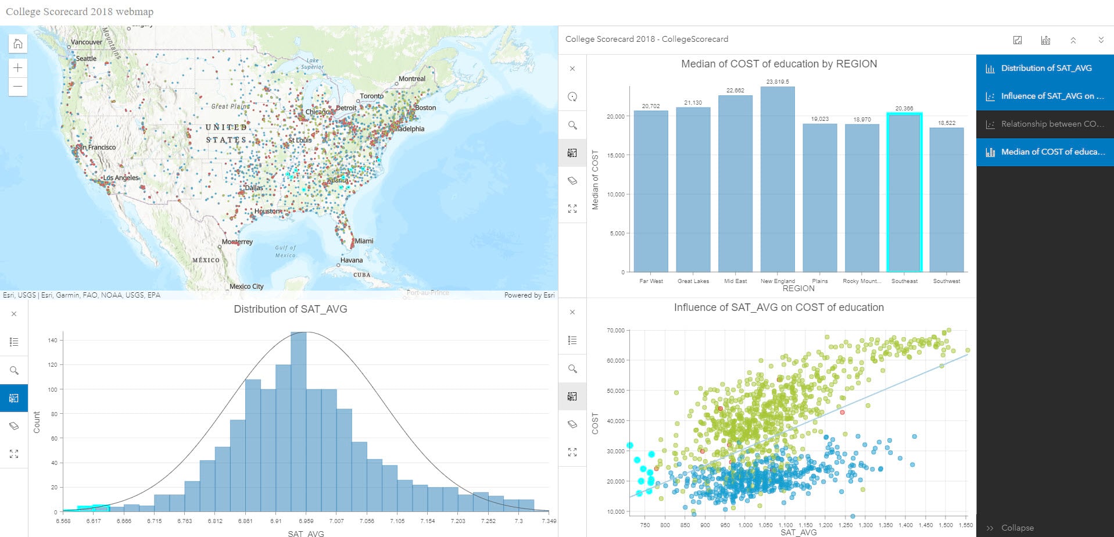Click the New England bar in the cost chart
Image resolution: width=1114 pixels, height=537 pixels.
(x=778, y=180)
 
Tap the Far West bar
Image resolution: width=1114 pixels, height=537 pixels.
(x=651, y=192)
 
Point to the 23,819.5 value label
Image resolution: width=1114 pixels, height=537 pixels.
(x=778, y=82)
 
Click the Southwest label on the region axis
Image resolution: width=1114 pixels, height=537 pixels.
(x=947, y=281)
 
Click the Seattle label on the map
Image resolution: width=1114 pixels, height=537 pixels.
(x=87, y=59)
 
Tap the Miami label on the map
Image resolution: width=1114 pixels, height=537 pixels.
(x=364, y=241)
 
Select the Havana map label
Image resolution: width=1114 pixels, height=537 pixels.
(x=352, y=260)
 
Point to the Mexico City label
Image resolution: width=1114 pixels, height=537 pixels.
(x=246, y=287)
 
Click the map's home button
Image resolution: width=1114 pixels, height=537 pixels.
(x=18, y=44)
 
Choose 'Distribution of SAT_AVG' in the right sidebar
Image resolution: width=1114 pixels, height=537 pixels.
(x=1045, y=68)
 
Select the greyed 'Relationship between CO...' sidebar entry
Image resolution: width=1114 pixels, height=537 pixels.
(x=1045, y=124)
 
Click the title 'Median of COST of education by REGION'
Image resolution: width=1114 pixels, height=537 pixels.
(x=779, y=64)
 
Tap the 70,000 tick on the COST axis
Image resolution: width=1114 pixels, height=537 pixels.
(x=615, y=331)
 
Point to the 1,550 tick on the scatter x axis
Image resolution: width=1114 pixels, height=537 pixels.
(x=966, y=525)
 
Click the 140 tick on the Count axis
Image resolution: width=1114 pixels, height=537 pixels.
(x=52, y=340)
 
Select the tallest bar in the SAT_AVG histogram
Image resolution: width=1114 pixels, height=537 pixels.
(x=298, y=422)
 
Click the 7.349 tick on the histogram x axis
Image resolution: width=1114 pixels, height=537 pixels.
(x=549, y=521)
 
